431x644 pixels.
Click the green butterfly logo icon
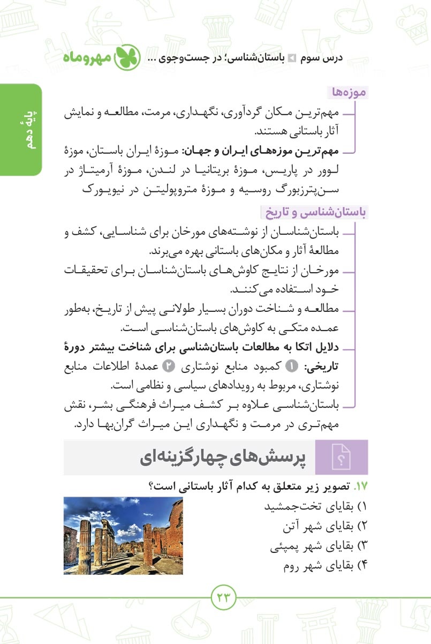point(129,57)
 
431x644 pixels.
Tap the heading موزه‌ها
point(349,93)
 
